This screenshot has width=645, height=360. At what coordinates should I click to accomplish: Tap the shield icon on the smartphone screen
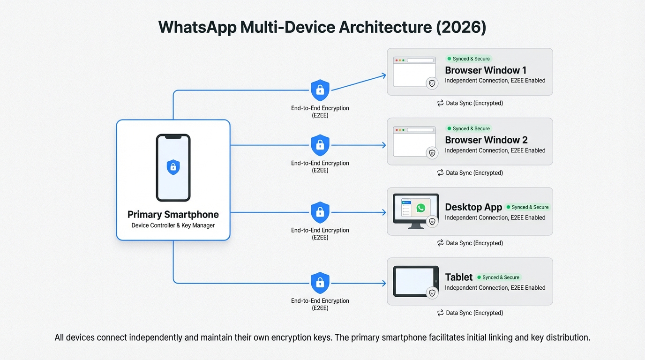(173, 166)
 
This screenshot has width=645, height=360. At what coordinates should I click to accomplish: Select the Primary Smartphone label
(173, 215)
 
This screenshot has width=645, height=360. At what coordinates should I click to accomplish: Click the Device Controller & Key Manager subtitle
(173, 225)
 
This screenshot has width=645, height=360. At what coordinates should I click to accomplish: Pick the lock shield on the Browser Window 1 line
(320, 90)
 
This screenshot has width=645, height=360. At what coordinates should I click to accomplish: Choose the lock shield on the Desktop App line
(320, 212)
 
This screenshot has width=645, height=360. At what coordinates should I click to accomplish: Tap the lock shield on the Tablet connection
(320, 283)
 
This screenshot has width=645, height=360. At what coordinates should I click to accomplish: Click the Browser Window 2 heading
(486, 140)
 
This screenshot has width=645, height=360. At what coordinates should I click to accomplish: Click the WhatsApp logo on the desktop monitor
(421, 208)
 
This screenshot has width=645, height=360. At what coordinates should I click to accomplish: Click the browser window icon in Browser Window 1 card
(414, 72)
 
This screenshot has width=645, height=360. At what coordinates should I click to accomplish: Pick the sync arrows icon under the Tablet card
(440, 313)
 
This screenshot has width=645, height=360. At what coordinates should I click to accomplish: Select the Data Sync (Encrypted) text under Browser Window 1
(474, 103)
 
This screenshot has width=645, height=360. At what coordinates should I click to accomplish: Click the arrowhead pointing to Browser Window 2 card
(383, 145)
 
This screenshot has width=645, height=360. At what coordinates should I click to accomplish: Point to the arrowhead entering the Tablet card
(383, 283)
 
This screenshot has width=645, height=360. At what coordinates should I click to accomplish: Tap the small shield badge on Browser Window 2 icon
(432, 153)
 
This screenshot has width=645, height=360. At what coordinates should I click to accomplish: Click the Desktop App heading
(473, 207)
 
